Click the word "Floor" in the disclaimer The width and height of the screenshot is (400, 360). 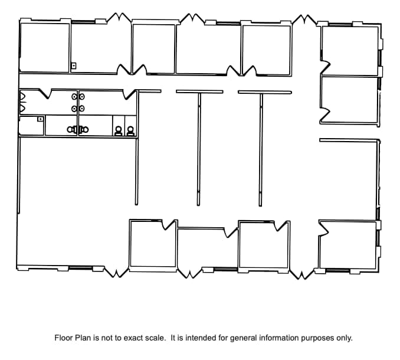click(x=64, y=338)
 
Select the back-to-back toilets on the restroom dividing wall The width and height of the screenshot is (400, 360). click(x=78, y=129)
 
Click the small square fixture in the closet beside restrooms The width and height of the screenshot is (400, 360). click(x=40, y=119)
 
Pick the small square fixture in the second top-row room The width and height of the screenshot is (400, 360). click(x=74, y=66)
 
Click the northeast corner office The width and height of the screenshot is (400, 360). click(x=349, y=50)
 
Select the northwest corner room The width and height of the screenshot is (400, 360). click(x=44, y=47)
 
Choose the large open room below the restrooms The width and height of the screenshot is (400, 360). click(x=74, y=201)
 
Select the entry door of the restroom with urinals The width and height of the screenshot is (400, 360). click(x=45, y=93)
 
